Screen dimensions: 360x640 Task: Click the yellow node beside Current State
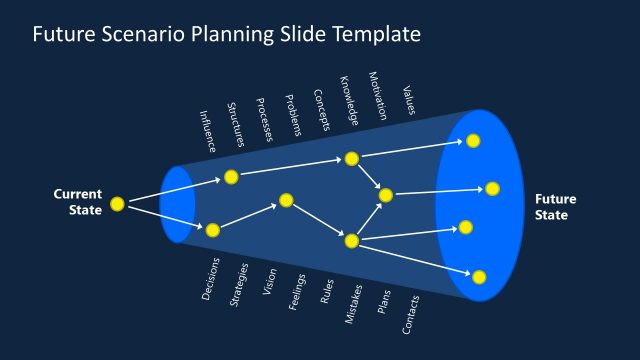(x=117, y=204)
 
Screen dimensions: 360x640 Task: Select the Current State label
(x=77, y=202)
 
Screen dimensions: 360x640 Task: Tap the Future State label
(x=555, y=207)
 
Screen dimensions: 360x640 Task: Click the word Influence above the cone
(x=208, y=131)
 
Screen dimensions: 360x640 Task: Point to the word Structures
(x=236, y=125)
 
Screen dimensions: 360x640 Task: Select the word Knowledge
(x=349, y=100)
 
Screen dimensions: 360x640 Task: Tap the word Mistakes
(x=353, y=305)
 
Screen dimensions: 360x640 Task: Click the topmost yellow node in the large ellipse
(x=473, y=141)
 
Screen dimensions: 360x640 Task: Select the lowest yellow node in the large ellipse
(x=479, y=276)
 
